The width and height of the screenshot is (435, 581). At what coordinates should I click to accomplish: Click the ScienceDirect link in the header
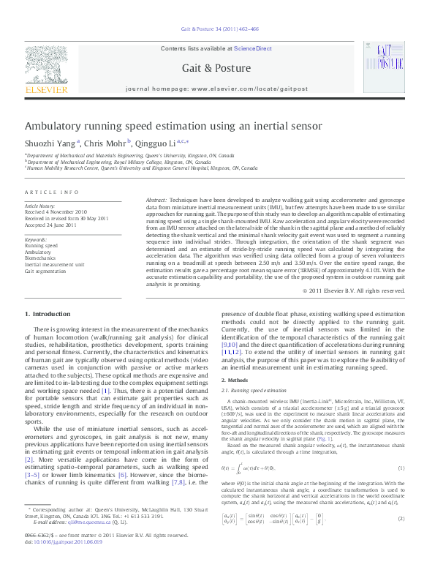pyautogui.click(x=252, y=48)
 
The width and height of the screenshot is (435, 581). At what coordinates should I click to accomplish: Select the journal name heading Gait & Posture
pyautogui.click(x=217, y=67)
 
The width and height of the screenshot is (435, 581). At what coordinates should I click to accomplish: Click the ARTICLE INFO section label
pyautogui.click(x=52, y=192)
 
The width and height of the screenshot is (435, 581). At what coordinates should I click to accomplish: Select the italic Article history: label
pyautogui.click(x=41, y=206)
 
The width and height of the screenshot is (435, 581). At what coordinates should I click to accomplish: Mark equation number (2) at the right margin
pyautogui.click(x=401, y=539)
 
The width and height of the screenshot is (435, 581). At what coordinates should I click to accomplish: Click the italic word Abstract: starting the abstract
pyautogui.click(x=156, y=200)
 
